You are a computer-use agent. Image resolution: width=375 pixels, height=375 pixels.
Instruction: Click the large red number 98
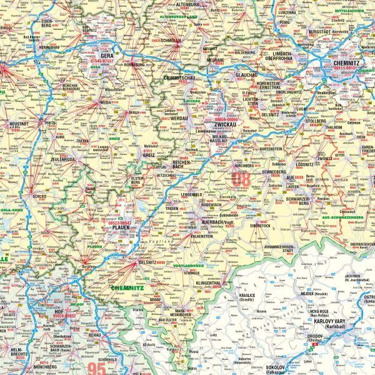point(240,179)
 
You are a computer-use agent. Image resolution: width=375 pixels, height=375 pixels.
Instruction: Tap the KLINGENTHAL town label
point(211,283)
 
